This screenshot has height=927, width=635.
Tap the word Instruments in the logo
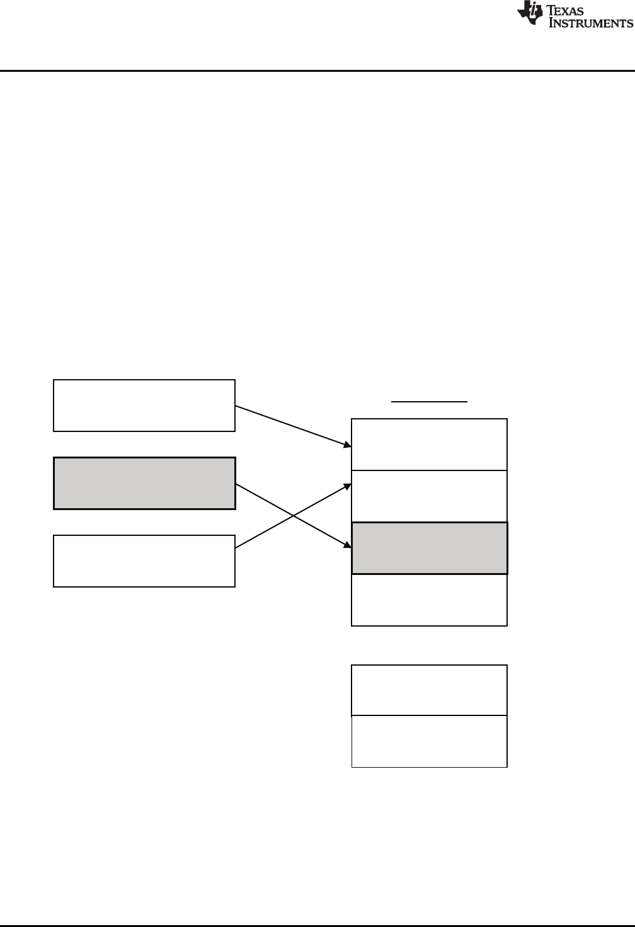(591, 23)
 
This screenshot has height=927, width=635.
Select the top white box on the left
(144, 406)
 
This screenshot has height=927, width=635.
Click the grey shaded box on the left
(144, 483)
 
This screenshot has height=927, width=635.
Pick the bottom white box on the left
(144, 561)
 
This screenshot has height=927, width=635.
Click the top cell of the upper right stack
(429, 444)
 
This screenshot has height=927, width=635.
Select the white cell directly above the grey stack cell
(429, 496)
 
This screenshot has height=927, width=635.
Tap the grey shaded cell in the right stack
(429, 548)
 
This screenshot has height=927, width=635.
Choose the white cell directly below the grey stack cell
(429, 600)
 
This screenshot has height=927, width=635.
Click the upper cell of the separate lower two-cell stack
(429, 690)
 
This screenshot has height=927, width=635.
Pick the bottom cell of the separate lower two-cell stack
(429, 741)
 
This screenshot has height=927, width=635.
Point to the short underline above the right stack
(430, 401)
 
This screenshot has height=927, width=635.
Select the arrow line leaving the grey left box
(265, 501)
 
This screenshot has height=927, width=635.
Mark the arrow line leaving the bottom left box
(265, 532)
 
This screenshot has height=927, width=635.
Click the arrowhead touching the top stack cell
(347, 445)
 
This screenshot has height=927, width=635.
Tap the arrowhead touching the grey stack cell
(347, 545)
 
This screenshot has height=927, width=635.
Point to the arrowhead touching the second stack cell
(347, 486)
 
